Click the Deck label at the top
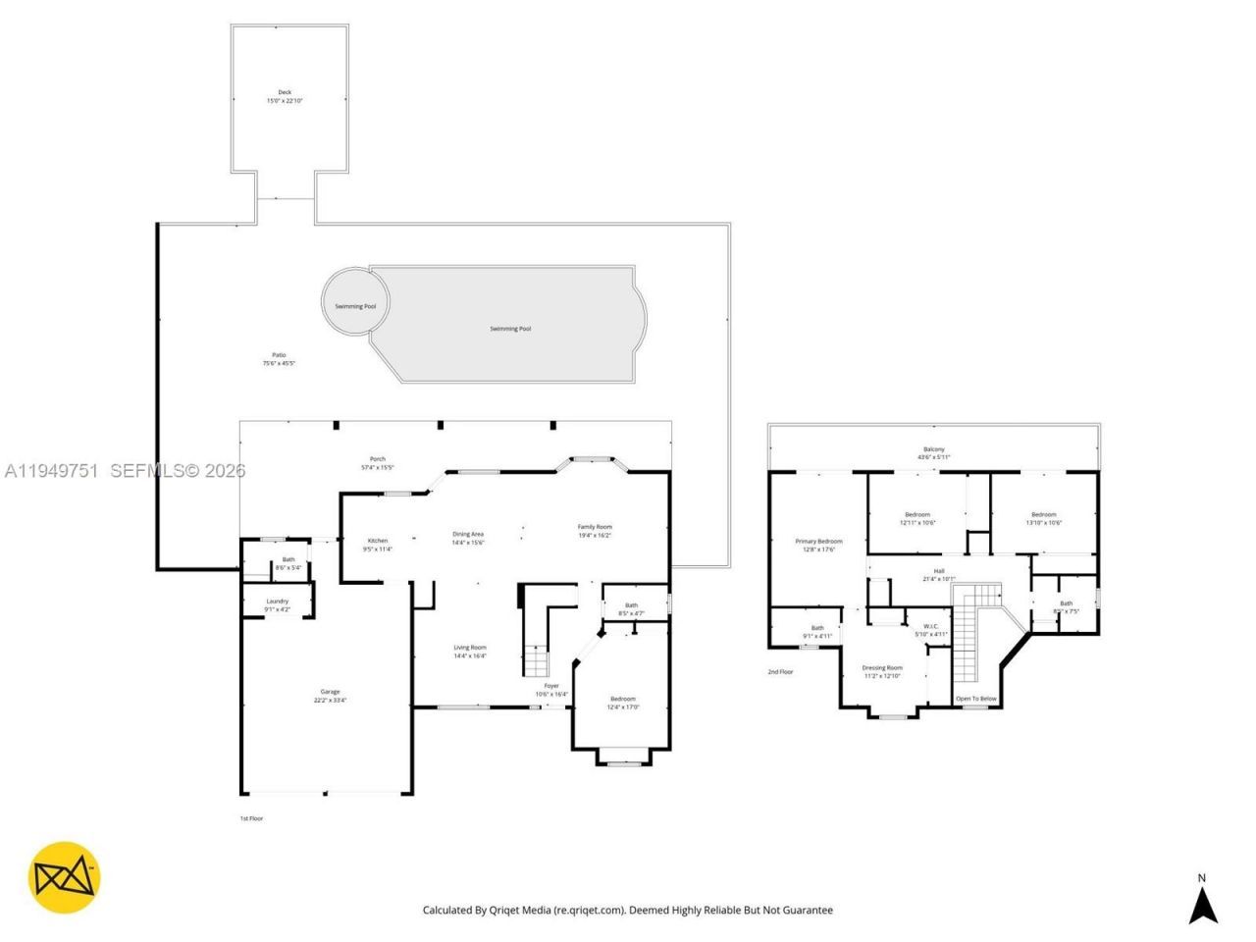(x=285, y=92)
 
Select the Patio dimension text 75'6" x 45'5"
(x=279, y=364)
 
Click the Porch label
(x=377, y=459)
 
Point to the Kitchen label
(x=377, y=541)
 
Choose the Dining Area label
(x=467, y=534)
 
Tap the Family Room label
(x=594, y=527)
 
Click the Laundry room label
(x=277, y=602)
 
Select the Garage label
(x=330, y=692)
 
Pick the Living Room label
(x=469, y=648)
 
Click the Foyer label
(x=551, y=686)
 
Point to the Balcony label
(x=933, y=449)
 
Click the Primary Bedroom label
(x=818, y=542)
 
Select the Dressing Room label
(x=883, y=668)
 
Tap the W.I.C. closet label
(x=930, y=626)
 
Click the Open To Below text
(x=976, y=699)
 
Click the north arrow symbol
(x=1203, y=900)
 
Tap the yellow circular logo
(x=64, y=877)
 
